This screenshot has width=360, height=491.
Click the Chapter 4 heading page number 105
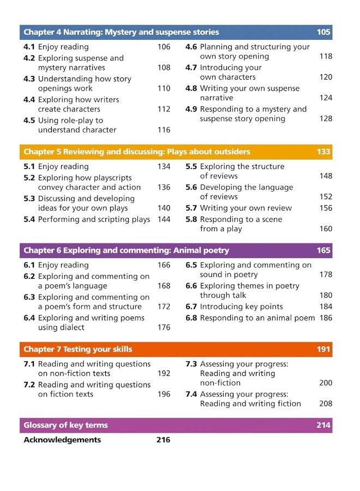point(323,32)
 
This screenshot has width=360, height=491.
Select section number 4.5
point(29,121)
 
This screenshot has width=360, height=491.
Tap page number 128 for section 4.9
point(326,118)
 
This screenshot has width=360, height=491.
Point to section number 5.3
point(29,199)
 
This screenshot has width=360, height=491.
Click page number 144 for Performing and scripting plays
point(164,219)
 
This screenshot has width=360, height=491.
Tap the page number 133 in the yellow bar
point(323,152)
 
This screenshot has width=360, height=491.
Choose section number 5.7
point(191,208)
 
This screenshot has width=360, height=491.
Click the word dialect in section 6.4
point(69,327)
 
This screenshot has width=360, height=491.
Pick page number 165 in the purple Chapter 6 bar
point(323,250)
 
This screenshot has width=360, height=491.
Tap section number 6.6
point(191,286)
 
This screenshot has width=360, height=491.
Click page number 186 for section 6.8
point(326,318)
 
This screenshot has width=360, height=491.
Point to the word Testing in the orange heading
point(79,349)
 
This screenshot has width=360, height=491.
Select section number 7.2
point(29,385)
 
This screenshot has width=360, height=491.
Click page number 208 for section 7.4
point(326,404)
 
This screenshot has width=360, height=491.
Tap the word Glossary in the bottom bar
point(42,426)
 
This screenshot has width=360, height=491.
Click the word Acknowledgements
point(62,440)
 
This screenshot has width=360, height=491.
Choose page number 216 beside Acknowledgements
point(163,440)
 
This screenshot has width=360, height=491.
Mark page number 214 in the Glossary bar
point(323,426)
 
